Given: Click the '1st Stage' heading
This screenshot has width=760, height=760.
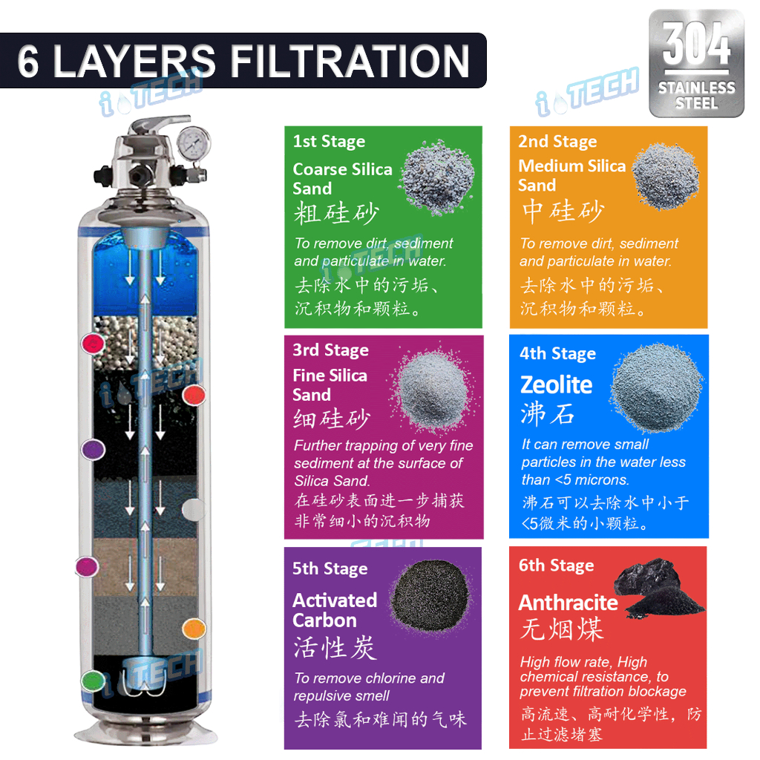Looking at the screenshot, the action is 329,142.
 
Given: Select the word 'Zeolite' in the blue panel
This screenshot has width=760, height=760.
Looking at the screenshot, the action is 556,384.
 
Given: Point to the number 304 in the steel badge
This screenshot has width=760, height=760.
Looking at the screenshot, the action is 696,47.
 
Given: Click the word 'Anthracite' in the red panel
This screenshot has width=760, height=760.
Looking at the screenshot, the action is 568,603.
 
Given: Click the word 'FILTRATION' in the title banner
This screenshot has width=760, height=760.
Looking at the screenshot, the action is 353,61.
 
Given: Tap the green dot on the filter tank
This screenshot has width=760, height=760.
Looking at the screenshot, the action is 92,678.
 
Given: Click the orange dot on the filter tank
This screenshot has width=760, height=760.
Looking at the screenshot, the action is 194,629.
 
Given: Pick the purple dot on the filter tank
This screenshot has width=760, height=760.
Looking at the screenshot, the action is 92,449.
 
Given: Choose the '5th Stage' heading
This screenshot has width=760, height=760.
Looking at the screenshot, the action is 330,569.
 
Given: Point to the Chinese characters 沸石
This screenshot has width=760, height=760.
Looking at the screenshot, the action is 548,414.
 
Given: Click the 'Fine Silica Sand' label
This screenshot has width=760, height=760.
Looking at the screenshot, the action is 330,384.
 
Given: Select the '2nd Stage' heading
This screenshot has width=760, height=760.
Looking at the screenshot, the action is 557,142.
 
